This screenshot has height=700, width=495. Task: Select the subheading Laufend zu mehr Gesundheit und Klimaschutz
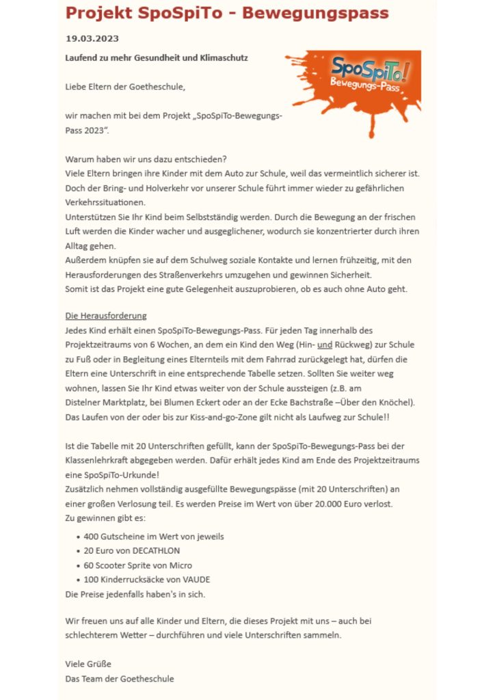(x=157, y=58)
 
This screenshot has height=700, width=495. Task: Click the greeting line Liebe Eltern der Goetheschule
(x=125, y=87)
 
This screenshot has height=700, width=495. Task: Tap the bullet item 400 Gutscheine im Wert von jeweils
(x=154, y=536)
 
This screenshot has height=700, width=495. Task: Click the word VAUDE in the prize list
(x=206, y=579)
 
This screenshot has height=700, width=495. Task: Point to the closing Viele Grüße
(x=88, y=664)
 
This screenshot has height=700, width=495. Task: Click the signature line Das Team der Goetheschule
(x=120, y=678)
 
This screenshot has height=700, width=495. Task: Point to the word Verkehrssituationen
(x=105, y=202)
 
